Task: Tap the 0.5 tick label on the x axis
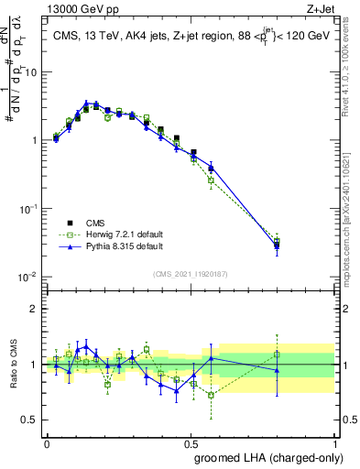click(191, 442)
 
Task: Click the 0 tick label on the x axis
click(47, 442)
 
